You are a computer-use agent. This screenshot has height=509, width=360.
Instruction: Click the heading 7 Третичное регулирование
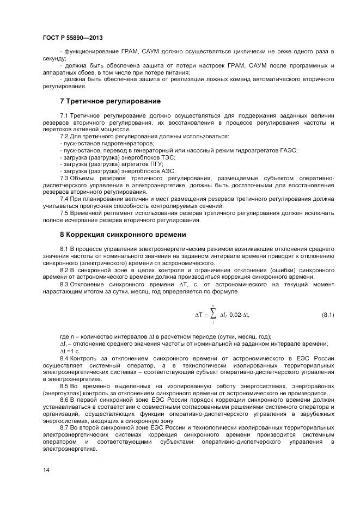110,101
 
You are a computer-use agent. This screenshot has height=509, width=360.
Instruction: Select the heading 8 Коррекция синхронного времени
123,235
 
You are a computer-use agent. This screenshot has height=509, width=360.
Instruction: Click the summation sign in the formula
213,315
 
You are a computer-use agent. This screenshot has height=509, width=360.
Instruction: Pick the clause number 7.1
64,116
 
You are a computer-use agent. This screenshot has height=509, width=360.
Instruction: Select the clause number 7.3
64,178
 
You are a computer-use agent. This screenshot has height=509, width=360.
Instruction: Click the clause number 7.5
64,213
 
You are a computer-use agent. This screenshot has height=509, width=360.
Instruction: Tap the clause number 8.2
64,270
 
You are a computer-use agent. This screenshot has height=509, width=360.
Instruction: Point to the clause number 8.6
64,400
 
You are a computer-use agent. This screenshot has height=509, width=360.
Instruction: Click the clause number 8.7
64,428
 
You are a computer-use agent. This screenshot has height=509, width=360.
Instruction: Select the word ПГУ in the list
155,164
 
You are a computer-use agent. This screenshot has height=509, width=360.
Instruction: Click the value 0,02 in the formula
236,315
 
